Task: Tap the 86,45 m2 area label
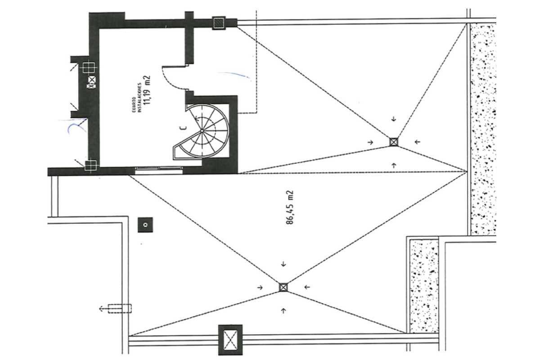pyautogui.click(x=289, y=207)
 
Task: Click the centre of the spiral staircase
pyautogui.click(x=202, y=131)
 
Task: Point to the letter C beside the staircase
pyautogui.click(x=184, y=128)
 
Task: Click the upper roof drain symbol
pyautogui.click(x=393, y=142)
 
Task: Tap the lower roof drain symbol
pyautogui.click(x=283, y=287)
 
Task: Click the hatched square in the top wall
pyautogui.click(x=219, y=23)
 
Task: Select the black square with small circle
pyautogui.click(x=145, y=225)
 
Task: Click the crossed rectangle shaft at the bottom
pyautogui.click(x=230, y=340)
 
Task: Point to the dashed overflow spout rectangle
pyautogui.click(x=120, y=309)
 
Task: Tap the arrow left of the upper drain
pyautogui.click(x=370, y=142)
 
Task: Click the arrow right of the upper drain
pyautogui.click(x=417, y=142)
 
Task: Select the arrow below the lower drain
pyautogui.click(x=283, y=311)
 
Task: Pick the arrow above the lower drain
pyautogui.click(x=283, y=264)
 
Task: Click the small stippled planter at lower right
pyautogui.click(x=424, y=286)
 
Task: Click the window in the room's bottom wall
pyautogui.click(x=159, y=170)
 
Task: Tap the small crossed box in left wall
pyautogui.click(x=91, y=82)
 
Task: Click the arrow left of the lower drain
pyautogui.click(x=260, y=288)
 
